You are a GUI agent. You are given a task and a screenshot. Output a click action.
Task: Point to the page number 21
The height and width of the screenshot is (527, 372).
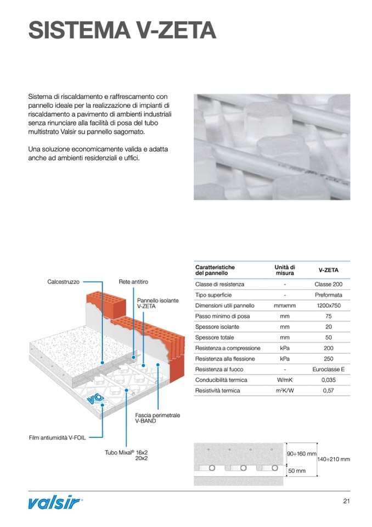tap(346, 501)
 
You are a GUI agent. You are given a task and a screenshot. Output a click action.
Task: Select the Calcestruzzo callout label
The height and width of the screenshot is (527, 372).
tap(63, 282)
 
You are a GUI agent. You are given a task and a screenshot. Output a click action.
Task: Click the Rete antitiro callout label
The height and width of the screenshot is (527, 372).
tap(133, 282)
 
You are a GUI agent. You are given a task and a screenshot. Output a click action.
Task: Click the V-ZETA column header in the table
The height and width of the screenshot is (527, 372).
tap(328, 270)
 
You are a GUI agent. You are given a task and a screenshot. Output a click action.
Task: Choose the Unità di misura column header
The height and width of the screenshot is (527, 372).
tap(285, 270)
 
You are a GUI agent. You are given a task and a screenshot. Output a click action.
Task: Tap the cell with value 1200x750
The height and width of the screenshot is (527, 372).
tap(328, 306)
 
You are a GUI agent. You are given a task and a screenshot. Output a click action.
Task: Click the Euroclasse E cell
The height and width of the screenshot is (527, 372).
tap(328, 369)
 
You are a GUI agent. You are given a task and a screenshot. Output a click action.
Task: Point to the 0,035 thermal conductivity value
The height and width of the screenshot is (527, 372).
tap(328, 380)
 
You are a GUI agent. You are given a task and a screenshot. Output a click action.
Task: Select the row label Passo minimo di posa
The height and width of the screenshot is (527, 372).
tap(217, 317)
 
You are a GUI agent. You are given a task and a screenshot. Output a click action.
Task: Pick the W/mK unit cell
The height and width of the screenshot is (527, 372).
tap(285, 380)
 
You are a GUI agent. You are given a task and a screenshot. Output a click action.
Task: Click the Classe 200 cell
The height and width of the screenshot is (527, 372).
tap(328, 284)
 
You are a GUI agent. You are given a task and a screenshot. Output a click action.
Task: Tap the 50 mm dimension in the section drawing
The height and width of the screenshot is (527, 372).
tap(297, 471)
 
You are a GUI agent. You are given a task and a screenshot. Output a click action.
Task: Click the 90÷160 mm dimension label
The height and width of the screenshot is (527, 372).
tap(301, 454)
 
